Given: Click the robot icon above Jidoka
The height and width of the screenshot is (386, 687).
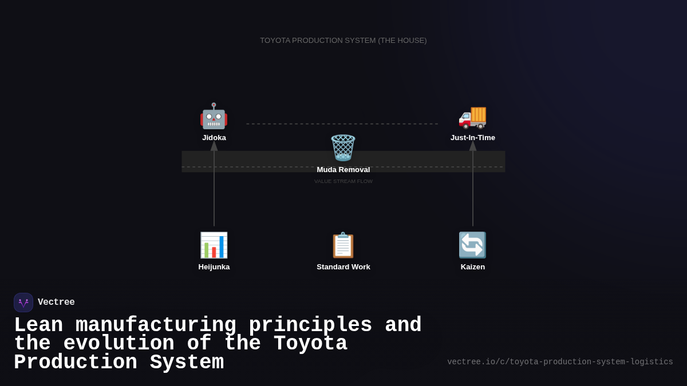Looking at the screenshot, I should coord(214,116).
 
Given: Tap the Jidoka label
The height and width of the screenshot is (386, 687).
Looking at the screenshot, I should coord(214,138).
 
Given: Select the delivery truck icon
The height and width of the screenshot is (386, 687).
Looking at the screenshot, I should coord(472,117).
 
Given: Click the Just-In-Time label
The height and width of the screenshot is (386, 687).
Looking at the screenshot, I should coord(473,138).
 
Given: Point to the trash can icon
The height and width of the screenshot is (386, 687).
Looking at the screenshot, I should coord(343,148).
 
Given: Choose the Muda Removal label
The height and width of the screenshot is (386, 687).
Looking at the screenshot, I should coord(343,170).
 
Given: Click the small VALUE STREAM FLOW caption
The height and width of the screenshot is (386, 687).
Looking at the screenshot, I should coord(343,181).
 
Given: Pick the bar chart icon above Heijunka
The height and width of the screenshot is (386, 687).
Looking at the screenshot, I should coord(214,245).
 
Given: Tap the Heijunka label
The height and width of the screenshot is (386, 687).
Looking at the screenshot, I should coord(214,267).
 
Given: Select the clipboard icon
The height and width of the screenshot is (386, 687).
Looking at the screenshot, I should coord(343,245).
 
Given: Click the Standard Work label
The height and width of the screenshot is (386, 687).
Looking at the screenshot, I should coord(343,267).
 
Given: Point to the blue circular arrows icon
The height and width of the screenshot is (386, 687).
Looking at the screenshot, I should coord(472,245).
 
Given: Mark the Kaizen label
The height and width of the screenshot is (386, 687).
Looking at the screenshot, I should coord(473,267).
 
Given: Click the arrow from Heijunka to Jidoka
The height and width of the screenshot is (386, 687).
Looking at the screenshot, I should coord(214,189).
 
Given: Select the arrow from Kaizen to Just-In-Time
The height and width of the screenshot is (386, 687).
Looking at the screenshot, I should coord(473,189).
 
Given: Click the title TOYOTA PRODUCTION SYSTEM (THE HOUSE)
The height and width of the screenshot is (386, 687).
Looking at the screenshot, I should coord(343,41).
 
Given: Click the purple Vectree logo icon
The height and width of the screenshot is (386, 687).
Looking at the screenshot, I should coord(23,303).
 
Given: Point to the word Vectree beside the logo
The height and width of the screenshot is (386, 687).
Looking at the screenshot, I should coord(56,303).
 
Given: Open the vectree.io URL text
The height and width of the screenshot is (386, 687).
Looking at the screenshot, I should coord(560,362).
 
